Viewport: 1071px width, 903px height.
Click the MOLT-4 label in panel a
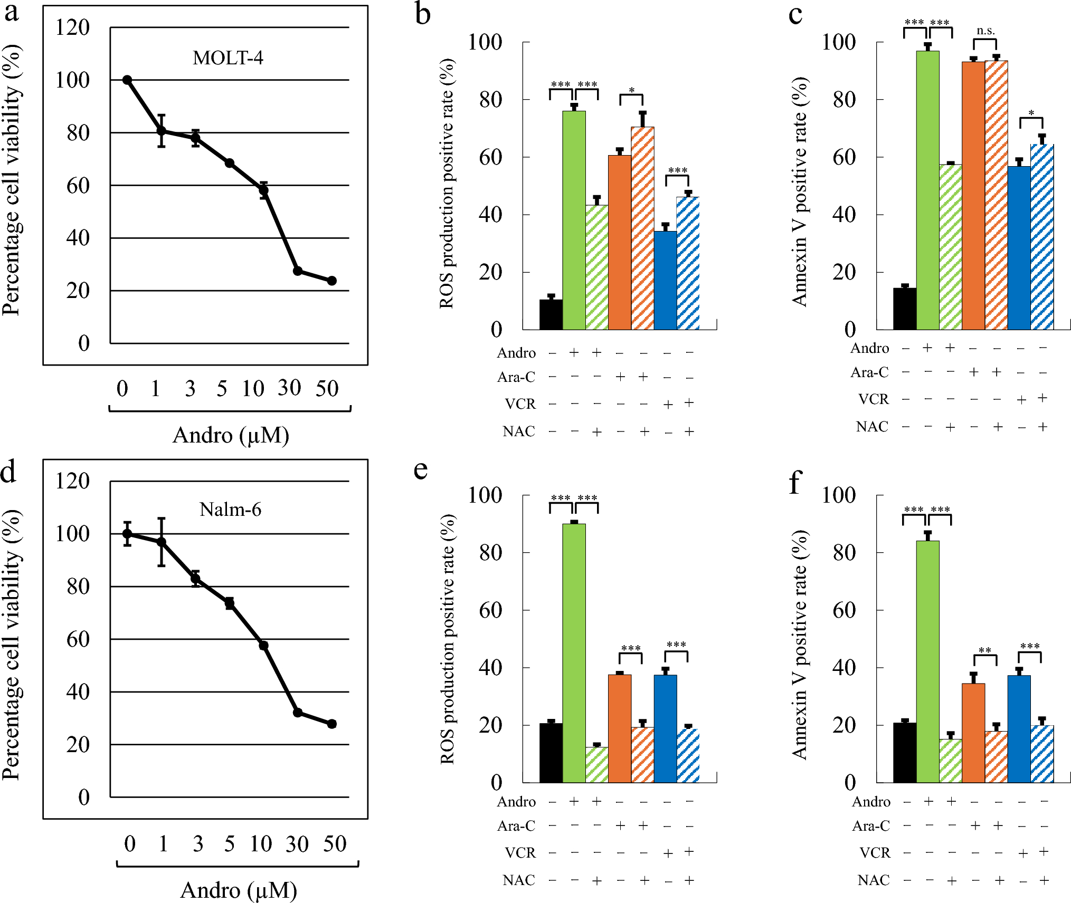228,57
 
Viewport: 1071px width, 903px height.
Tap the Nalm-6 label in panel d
230,510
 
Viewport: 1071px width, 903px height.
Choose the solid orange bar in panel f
973,733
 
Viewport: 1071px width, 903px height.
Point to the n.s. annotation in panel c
985,31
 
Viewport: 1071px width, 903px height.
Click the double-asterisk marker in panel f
985,650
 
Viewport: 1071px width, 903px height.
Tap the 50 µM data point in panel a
331,281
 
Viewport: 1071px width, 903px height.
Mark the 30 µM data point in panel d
298,713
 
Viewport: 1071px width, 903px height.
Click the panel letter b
423,14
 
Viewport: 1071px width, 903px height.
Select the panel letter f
795,482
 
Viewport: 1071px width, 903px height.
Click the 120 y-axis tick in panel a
72,27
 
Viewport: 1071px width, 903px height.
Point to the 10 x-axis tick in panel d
261,844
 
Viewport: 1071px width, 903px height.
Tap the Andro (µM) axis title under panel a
231,436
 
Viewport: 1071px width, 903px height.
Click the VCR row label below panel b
520,404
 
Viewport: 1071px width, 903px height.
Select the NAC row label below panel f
874,880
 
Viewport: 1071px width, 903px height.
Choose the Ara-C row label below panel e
516,825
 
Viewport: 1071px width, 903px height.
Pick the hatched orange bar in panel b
642,228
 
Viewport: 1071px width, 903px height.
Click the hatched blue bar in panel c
1042,237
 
